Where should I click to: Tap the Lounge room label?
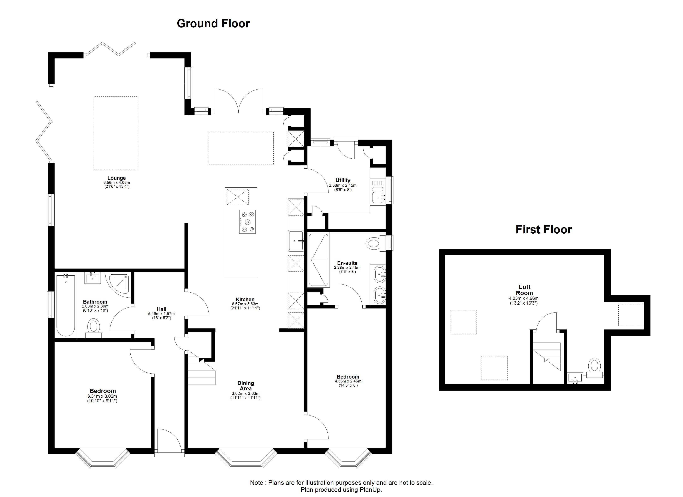pyautogui.click(x=117, y=178)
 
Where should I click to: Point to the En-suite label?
pyautogui.click(x=347, y=263)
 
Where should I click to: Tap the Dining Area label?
pyautogui.click(x=246, y=386)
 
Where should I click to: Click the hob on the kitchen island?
pyautogui.click(x=248, y=222)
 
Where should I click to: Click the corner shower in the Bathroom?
pyautogui.click(x=119, y=284)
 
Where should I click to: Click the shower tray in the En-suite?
pyautogui.click(x=319, y=260)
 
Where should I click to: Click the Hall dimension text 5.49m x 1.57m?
pyautogui.click(x=161, y=314)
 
